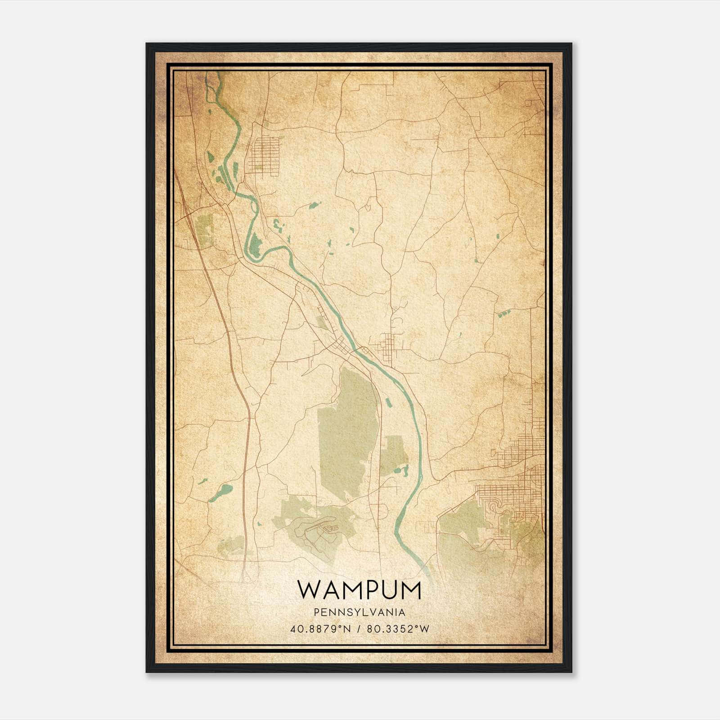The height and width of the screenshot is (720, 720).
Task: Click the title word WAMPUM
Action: pyautogui.click(x=359, y=590)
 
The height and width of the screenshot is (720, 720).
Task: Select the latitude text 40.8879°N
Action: pyautogui.click(x=320, y=629)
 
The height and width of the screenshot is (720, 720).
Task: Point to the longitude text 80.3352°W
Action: pyautogui.click(x=398, y=629)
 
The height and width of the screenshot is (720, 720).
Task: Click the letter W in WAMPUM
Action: pyautogui.click(x=308, y=590)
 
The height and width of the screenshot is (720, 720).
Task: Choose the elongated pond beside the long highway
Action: pyautogui.click(x=220, y=493)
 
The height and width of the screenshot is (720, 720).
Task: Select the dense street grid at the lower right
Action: pyautogui.click(x=513, y=499)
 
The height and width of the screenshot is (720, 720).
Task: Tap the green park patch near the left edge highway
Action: pyautogui.click(x=205, y=229)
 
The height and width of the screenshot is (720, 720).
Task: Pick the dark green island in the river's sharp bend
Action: pyautogui.click(x=255, y=245)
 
